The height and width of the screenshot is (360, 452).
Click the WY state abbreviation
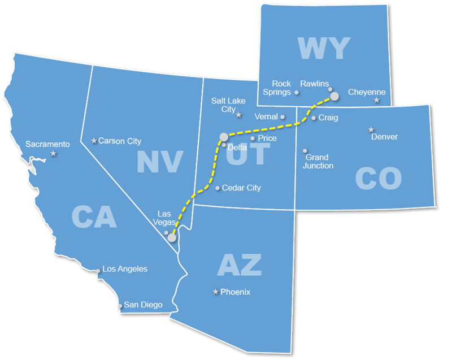(x=323, y=49)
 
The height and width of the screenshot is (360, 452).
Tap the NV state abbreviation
(x=160, y=162)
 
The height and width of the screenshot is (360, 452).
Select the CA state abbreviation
(x=94, y=217)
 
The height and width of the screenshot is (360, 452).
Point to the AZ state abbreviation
(x=240, y=264)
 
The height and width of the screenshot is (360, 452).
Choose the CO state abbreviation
(x=378, y=179)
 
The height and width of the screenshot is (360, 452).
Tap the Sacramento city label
(x=47, y=144)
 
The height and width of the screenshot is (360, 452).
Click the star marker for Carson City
(x=94, y=141)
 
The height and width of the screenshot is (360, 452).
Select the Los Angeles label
(x=125, y=269)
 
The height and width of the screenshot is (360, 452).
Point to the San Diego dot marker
(x=120, y=306)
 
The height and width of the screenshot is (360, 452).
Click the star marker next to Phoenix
(x=215, y=292)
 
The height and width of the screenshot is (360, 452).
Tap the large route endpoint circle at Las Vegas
(x=172, y=238)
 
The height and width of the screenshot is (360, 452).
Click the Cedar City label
(x=241, y=188)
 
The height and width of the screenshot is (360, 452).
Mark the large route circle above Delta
(x=224, y=137)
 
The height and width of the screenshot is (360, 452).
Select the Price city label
(x=267, y=138)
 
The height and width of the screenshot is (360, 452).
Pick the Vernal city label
(x=266, y=117)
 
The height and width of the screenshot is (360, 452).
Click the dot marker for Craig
(x=314, y=118)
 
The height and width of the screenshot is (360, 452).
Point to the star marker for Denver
(x=371, y=129)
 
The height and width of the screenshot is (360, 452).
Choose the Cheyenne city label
(x=367, y=92)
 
